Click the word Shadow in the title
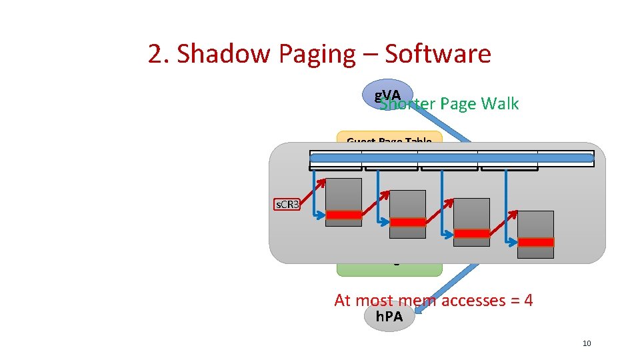pyautogui.click(x=219, y=54)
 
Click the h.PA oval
pyautogui.click(x=389, y=317)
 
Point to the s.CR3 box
pyautogui.click(x=288, y=204)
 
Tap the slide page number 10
pyautogui.click(x=587, y=343)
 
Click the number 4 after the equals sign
pyautogui.click(x=528, y=301)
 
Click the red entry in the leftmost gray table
pyautogui.click(x=343, y=215)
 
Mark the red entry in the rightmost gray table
pyautogui.click(x=535, y=242)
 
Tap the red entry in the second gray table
pyautogui.click(x=407, y=222)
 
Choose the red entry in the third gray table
pyautogui.click(x=471, y=233)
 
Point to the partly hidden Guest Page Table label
pyautogui.click(x=389, y=141)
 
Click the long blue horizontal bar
pyautogui.click(x=451, y=158)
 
